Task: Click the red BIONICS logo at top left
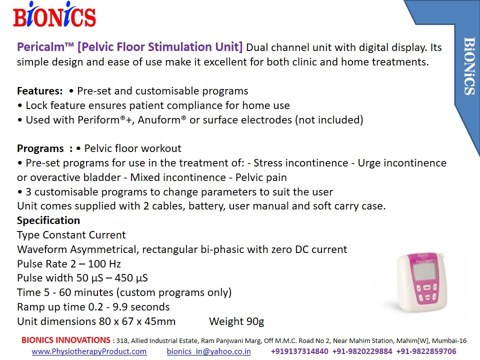tap(54, 14)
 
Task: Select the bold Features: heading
tap(40, 91)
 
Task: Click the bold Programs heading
tap(40, 148)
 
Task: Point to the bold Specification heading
tap(48, 220)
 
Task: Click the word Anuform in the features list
tap(159, 119)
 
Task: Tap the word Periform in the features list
tap(98, 119)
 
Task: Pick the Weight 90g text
tap(236, 321)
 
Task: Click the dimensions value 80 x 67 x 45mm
tap(137, 321)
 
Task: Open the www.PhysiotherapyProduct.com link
tap(89, 351)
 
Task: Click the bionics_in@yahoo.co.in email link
tap(209, 351)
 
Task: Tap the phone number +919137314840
tap(299, 351)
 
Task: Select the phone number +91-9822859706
tap(426, 351)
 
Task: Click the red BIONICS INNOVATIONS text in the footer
tap(66, 340)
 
